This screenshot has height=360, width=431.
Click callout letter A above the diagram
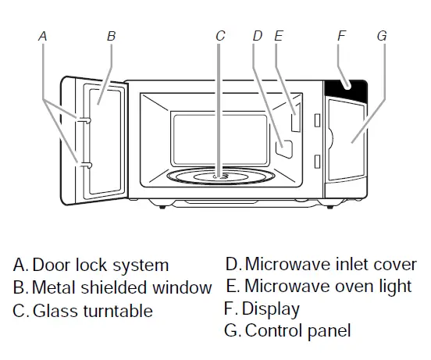coord(43,36)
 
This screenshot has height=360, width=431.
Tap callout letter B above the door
coord(112,36)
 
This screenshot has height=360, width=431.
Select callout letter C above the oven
coord(220,36)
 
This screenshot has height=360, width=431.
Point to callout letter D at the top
coord(258,36)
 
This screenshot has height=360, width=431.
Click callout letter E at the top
coord(279,36)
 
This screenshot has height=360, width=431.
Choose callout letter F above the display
coord(340,36)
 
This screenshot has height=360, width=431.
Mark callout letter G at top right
coord(381,36)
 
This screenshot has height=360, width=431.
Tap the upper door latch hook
coord(82,119)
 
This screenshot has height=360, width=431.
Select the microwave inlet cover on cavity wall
coord(284,144)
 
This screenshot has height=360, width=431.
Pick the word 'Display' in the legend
coord(270,308)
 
